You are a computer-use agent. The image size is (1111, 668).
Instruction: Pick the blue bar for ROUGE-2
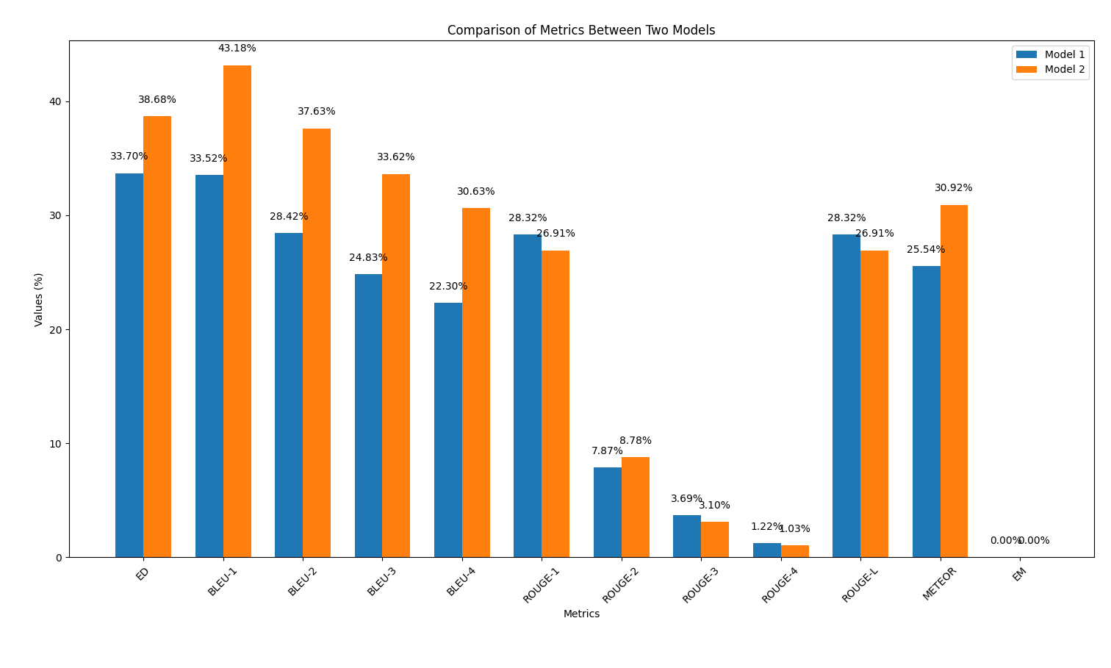point(607,512)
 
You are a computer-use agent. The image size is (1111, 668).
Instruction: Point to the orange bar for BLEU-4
point(475,382)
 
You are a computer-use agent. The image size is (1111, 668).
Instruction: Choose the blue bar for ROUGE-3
point(687,536)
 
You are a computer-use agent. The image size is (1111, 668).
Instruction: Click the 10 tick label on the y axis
point(56,443)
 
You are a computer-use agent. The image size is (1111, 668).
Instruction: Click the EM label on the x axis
point(1018,574)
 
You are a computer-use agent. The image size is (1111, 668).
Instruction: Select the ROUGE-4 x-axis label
point(779,586)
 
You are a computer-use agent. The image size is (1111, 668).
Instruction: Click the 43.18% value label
point(237,49)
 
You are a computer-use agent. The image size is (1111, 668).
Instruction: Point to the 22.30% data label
point(448,287)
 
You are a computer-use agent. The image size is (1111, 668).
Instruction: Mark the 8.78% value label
point(636,441)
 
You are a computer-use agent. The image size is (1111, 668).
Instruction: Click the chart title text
point(580,30)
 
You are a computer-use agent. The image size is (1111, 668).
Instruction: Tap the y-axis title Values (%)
point(39,299)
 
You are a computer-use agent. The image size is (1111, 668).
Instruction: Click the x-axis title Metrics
point(581,614)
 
